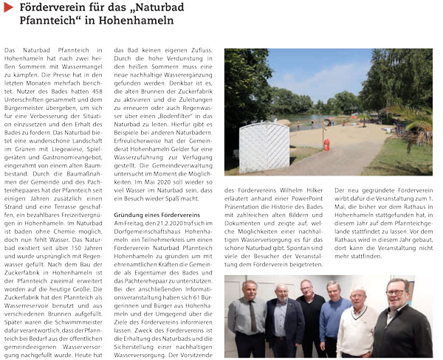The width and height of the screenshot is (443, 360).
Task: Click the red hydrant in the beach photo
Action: (326, 145)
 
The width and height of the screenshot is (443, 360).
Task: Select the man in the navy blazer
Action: (281, 325)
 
